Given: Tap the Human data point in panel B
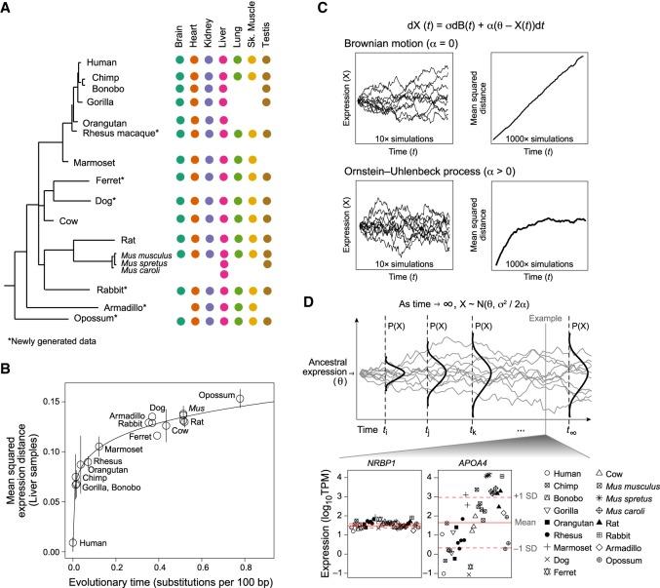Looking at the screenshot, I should click(73, 542).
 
